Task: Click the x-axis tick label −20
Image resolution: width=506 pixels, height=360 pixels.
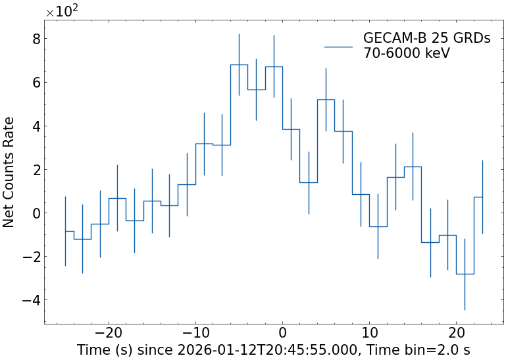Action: click(109, 331)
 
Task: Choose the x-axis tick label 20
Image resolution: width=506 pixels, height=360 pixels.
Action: click(456, 331)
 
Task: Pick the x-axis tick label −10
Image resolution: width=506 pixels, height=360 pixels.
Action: click(195, 331)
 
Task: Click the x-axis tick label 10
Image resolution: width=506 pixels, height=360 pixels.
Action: click(369, 331)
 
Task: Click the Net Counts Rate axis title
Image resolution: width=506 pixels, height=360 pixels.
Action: click(9, 172)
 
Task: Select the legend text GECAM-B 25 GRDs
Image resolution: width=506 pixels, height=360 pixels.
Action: click(426, 39)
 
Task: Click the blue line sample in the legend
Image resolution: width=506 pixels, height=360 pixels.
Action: click(339, 46)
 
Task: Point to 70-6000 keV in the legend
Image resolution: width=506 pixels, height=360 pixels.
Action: click(406, 53)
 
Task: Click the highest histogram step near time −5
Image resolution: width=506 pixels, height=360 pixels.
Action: click(239, 64)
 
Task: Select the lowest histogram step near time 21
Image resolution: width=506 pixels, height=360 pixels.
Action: click(465, 274)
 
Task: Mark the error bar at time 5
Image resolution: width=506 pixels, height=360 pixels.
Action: click(326, 99)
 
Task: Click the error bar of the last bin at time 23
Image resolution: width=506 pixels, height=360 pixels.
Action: click(482, 197)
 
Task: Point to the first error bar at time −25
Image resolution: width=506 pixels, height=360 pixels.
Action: click(65, 231)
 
